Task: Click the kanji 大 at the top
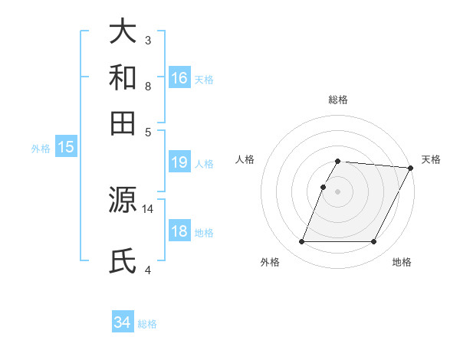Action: (x=123, y=33)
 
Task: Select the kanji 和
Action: (x=123, y=78)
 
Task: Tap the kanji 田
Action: (x=123, y=123)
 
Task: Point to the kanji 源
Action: (x=123, y=201)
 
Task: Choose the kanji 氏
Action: (x=123, y=261)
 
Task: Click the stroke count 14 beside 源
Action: (x=148, y=208)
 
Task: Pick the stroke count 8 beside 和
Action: (x=148, y=86)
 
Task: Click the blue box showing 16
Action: (x=179, y=77)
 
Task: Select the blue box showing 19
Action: (x=179, y=162)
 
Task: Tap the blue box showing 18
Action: (x=179, y=232)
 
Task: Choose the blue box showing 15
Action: (x=66, y=148)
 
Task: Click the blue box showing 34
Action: (x=123, y=322)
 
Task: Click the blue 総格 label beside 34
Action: (x=147, y=324)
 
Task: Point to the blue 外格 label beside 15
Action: (x=41, y=149)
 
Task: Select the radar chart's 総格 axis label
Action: (x=337, y=100)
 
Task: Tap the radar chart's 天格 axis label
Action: (x=431, y=159)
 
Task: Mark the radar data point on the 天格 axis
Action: (x=411, y=167)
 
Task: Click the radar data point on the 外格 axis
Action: (x=301, y=242)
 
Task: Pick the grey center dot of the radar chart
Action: (x=337, y=191)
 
